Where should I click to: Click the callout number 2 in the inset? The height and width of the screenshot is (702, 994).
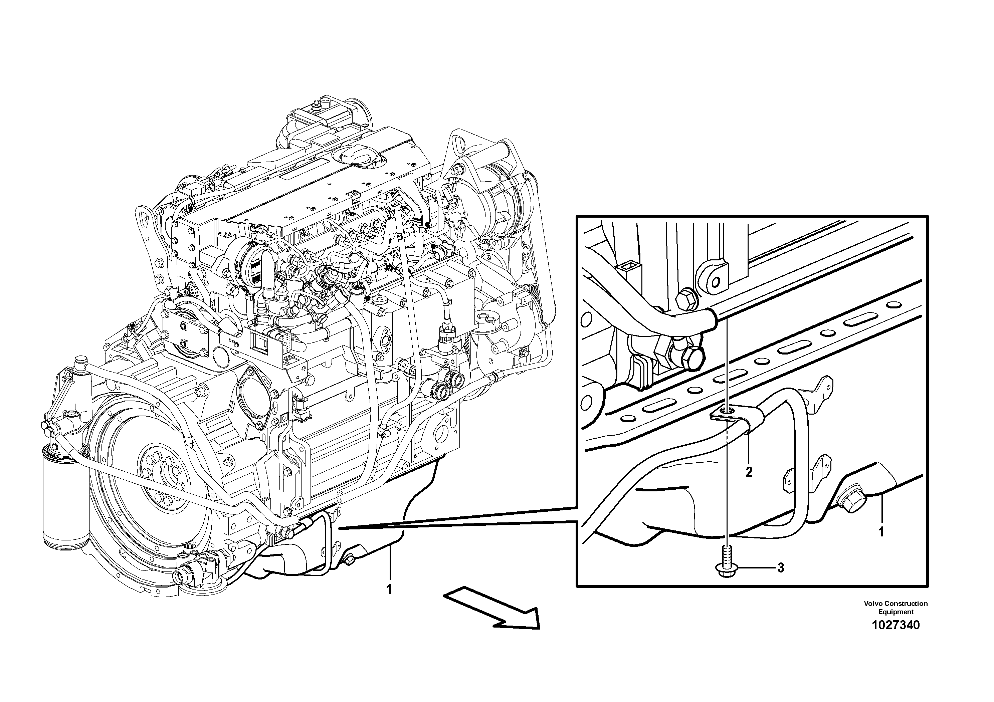click(x=749, y=471)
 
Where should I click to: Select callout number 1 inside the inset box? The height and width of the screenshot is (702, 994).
click(x=880, y=531)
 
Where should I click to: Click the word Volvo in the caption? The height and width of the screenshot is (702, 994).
click(x=874, y=603)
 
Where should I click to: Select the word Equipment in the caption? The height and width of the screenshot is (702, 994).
click(x=895, y=612)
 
